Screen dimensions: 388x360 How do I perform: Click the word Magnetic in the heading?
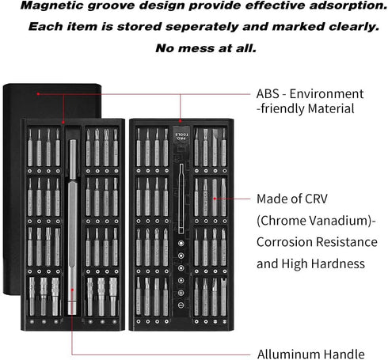click(51, 6)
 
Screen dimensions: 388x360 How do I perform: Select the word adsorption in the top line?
click(348, 6)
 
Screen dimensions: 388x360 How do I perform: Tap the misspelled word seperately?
click(202, 27)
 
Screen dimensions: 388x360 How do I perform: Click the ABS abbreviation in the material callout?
click(268, 94)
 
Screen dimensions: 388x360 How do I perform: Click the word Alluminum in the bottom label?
click(288, 354)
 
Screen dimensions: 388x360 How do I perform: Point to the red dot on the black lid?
click(38, 94)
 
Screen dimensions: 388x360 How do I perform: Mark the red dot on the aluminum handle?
click(72, 290)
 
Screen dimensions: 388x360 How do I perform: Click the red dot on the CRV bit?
click(215, 199)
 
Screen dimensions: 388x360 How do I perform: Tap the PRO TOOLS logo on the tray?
click(182, 136)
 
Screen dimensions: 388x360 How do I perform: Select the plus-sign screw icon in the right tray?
click(181, 293)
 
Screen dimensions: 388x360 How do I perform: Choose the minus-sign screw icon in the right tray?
click(181, 305)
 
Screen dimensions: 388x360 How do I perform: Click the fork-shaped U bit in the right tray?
click(224, 297)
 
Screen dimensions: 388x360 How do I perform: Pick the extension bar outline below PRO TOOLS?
click(181, 199)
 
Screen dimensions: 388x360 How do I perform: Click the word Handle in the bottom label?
click(344, 354)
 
